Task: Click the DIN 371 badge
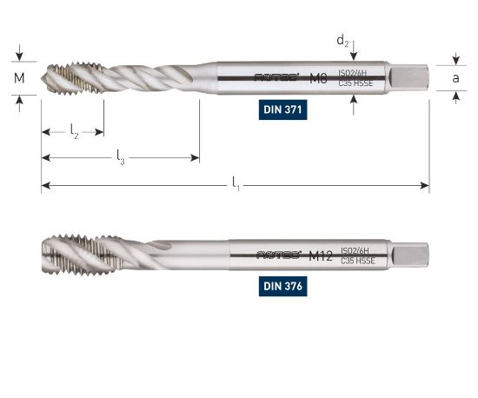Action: [285, 110]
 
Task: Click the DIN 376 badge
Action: [284, 285]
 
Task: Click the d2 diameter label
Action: [343, 40]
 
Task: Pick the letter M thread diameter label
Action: [20, 78]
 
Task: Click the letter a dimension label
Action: [455, 78]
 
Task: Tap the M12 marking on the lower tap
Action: [322, 255]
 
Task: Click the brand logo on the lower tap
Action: [277, 255]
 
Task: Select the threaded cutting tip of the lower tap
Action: [70, 255]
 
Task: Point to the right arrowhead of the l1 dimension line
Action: [425, 184]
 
